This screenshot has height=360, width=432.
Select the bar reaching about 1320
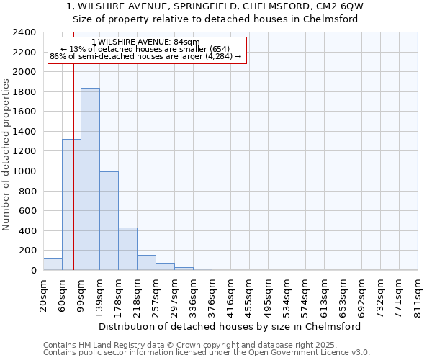click(x=71, y=205)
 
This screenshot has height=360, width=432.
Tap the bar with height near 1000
click(x=109, y=221)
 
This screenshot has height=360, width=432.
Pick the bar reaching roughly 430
click(x=127, y=249)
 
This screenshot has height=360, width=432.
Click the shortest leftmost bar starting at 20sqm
click(x=53, y=264)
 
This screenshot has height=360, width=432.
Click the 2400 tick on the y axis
click(x=25, y=32)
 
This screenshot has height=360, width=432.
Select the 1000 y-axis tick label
click(x=25, y=171)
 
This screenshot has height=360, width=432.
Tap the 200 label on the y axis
click(x=28, y=251)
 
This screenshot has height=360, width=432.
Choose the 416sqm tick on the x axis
click(x=230, y=294)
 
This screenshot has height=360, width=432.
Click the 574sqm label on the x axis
click(x=305, y=294)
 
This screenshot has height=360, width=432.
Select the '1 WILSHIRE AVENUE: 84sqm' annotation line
click(x=146, y=42)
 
